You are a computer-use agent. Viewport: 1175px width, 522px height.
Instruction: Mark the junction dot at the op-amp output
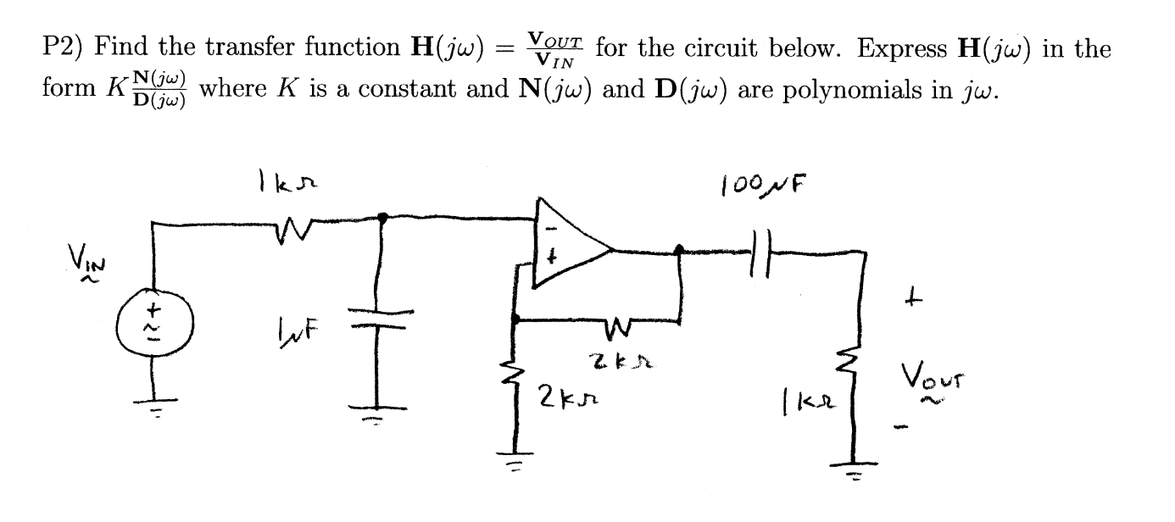pos(678,250)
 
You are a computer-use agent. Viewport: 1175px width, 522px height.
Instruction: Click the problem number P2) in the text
pos(63,48)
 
